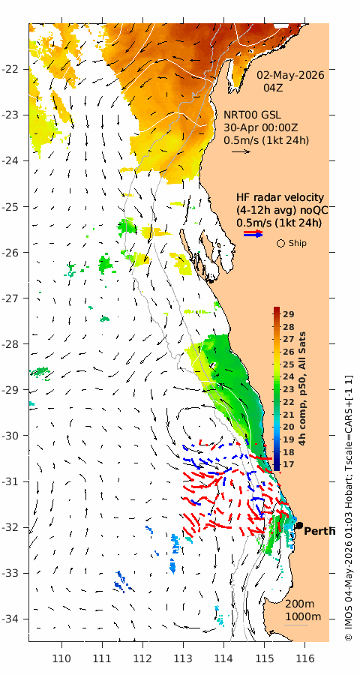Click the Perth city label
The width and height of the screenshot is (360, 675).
(319, 531)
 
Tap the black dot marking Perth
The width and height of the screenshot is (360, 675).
(299, 525)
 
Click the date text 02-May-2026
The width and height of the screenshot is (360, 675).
(291, 75)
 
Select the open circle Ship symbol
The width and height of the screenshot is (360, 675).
(280, 244)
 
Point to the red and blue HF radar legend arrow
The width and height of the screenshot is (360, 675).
(253, 234)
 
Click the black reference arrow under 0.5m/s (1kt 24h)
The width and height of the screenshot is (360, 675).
(241, 151)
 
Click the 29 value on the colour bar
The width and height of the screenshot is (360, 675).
(288, 313)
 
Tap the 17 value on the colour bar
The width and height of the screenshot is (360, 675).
(288, 464)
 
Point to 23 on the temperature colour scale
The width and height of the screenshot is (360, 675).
(288, 389)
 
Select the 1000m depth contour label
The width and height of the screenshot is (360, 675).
(303, 616)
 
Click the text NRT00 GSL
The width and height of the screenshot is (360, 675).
(252, 115)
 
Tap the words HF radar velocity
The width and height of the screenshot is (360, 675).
(280, 198)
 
